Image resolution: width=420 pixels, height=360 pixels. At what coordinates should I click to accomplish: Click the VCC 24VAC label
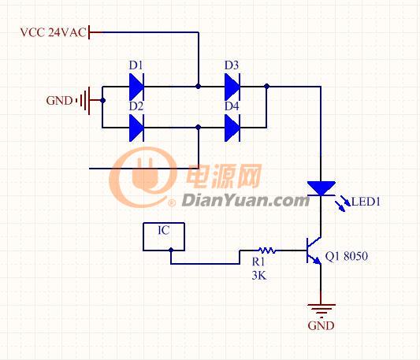click(x=54, y=32)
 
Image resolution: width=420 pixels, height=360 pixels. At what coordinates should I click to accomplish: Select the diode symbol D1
click(x=136, y=87)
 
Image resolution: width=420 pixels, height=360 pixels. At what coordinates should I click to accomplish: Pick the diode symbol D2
click(x=136, y=128)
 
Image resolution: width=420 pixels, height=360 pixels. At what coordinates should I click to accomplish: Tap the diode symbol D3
click(x=232, y=87)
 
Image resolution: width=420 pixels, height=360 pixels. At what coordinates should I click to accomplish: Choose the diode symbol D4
click(x=232, y=128)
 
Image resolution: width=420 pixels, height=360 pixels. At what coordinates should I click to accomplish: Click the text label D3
click(x=232, y=65)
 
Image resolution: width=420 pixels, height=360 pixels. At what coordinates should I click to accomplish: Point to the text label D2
click(x=136, y=106)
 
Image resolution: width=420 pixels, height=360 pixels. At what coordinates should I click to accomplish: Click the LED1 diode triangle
click(x=322, y=188)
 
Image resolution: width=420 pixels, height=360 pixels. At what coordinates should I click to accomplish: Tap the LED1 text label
click(x=366, y=202)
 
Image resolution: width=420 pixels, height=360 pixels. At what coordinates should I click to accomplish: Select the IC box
click(x=164, y=236)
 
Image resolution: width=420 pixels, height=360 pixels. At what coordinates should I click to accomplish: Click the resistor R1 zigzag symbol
click(x=267, y=251)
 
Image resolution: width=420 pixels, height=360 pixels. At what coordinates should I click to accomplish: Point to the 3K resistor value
click(x=259, y=276)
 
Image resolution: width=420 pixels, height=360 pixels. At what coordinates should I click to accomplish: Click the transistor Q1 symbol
click(x=314, y=251)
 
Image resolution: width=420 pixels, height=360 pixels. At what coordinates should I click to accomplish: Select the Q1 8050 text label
click(x=347, y=256)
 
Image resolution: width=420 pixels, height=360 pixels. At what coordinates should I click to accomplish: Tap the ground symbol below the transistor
click(x=322, y=309)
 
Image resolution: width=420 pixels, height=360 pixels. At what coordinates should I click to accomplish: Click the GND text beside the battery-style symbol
click(x=59, y=101)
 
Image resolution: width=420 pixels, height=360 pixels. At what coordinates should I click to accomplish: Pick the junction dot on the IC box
click(x=171, y=250)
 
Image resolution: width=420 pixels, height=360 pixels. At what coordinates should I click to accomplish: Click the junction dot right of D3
click(x=267, y=86)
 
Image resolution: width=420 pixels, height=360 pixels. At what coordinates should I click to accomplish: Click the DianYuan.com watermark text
click(x=245, y=201)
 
